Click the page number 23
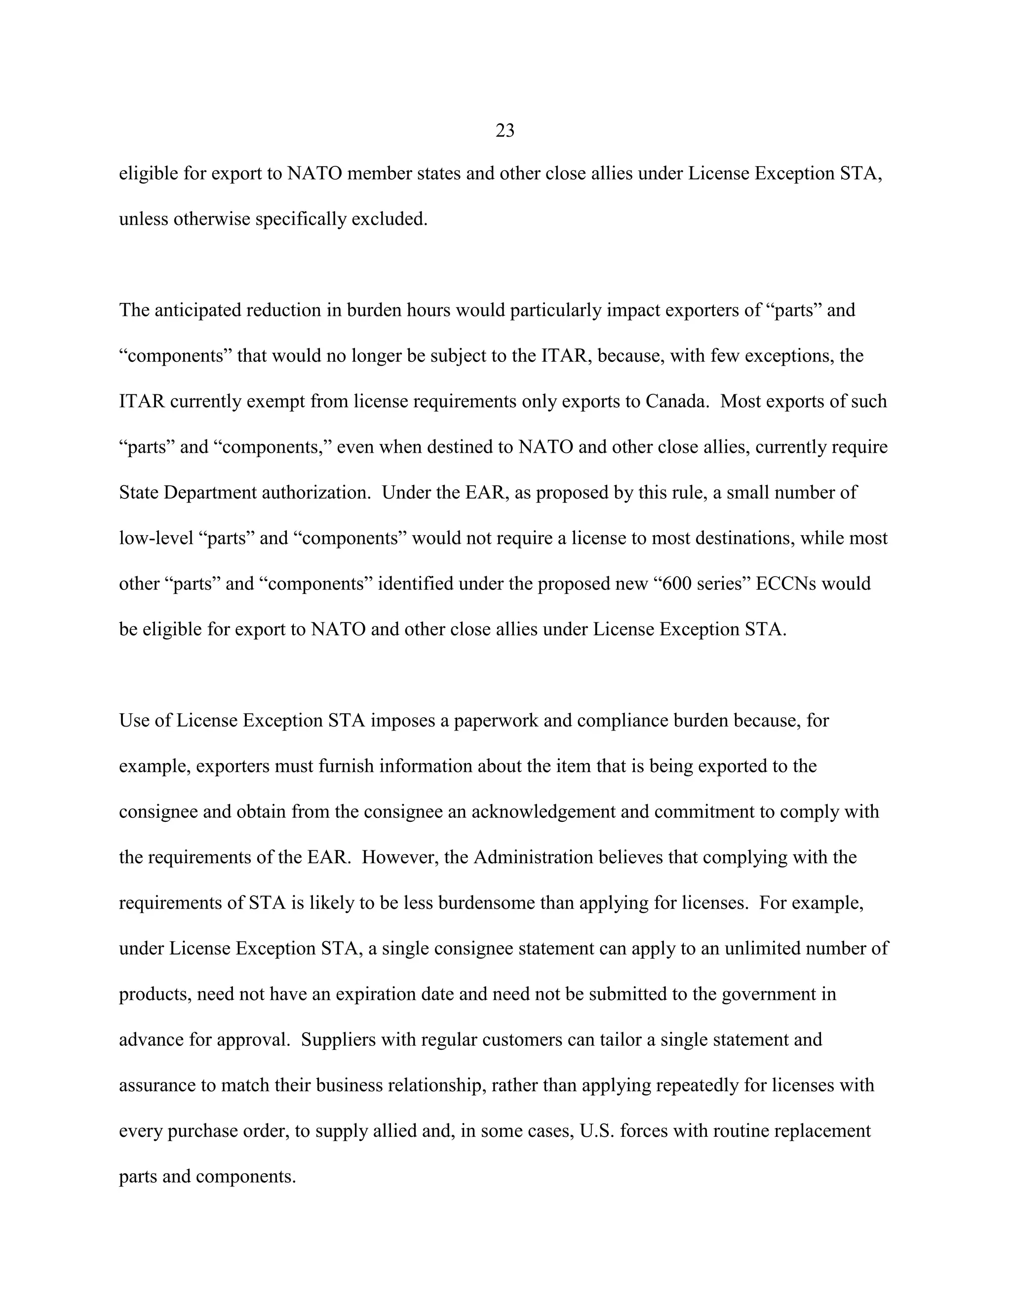(x=505, y=131)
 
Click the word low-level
(x=156, y=538)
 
